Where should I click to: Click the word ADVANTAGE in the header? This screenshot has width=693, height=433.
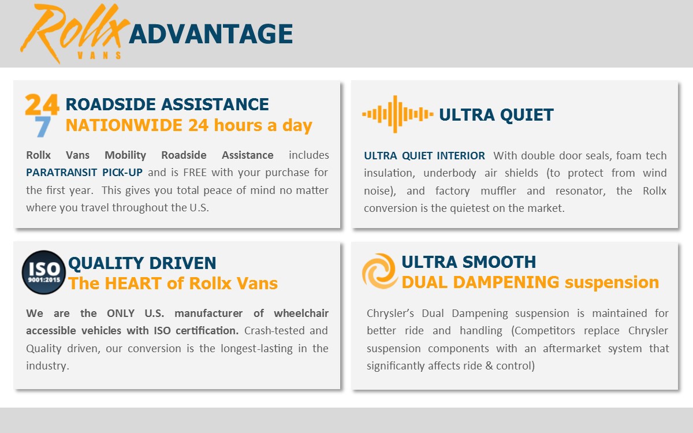[x=211, y=33]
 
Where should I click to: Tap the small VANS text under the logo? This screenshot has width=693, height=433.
[x=99, y=55]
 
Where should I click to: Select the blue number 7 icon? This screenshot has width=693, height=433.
[x=42, y=127]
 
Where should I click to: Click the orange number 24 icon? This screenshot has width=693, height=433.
[x=42, y=104]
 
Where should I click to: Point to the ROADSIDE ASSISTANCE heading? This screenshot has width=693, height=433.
[x=167, y=104]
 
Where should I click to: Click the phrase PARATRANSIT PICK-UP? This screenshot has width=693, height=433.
[x=84, y=172]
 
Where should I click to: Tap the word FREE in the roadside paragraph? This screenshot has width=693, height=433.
[x=195, y=172]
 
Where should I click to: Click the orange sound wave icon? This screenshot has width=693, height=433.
[x=397, y=114]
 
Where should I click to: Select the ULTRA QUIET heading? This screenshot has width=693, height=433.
[x=496, y=115]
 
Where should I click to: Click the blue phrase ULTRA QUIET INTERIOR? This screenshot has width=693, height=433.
[x=424, y=155]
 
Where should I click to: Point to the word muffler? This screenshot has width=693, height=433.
[x=498, y=191]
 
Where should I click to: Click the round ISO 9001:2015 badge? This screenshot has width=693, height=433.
[x=44, y=272]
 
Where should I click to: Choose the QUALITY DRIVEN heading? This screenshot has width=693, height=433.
[x=142, y=263]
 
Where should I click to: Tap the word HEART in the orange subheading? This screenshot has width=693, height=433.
[x=133, y=283]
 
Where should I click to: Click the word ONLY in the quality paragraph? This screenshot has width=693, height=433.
[x=121, y=313]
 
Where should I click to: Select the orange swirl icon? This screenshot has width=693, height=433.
[x=380, y=271]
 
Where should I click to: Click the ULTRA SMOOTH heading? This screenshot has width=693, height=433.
[x=469, y=262]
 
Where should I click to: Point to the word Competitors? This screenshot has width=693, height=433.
[x=543, y=331]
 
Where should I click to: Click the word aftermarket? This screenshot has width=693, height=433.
[x=572, y=349]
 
